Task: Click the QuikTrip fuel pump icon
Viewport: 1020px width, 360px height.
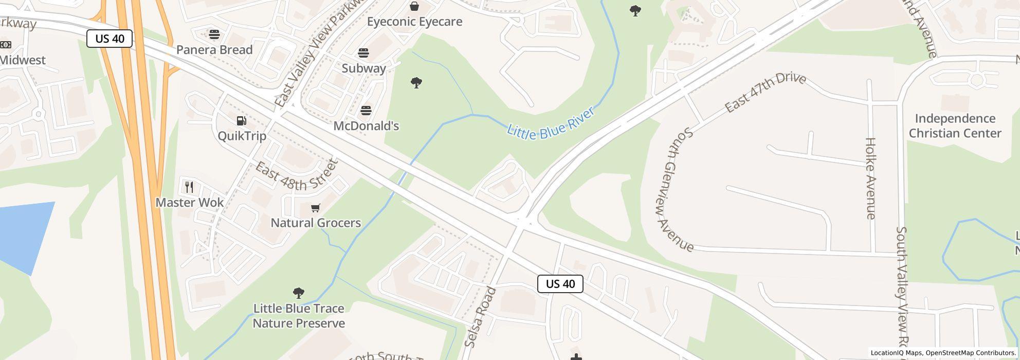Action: pos(241,121)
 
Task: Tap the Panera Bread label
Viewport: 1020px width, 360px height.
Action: pos(214,50)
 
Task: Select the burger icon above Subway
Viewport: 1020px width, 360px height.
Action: pos(363,52)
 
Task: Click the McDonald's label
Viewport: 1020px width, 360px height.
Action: pos(366,126)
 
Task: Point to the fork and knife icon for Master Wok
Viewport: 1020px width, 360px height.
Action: pos(189,187)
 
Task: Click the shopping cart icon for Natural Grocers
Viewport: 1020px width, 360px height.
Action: pos(316,208)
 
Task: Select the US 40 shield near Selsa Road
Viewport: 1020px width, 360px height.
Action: pos(560,284)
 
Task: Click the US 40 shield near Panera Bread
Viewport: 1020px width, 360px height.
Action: pos(110,39)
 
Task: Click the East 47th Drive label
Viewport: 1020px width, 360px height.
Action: pos(765,92)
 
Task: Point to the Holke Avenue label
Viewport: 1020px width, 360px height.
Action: pos(870,178)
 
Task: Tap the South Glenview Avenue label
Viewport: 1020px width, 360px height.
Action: pos(675,190)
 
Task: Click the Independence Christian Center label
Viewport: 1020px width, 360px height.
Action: pos(955,126)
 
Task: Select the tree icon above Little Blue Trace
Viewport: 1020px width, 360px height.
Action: pos(298,293)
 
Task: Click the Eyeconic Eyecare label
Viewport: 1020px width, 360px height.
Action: pos(414,22)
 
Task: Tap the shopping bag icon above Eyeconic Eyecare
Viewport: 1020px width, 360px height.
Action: pos(414,6)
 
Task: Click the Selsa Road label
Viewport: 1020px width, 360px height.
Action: pos(480,317)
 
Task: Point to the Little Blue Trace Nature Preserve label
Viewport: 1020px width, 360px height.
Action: pos(299,316)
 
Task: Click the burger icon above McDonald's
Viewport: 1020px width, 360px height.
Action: pos(366,110)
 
